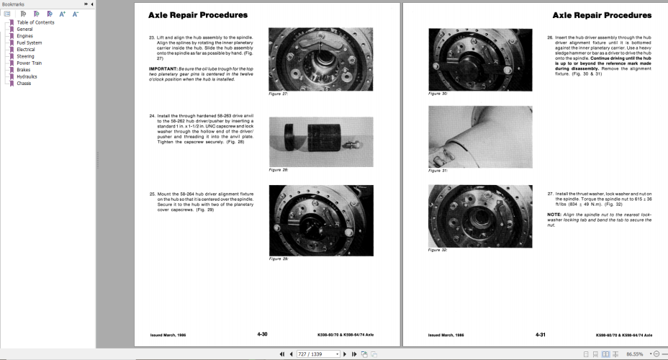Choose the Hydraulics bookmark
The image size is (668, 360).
27,76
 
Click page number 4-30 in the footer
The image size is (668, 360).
263,335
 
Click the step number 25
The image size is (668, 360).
151,193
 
